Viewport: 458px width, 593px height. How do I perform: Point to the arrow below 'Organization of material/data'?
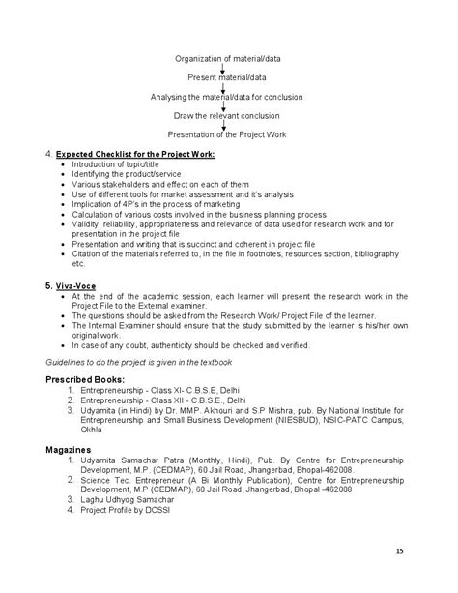tap(223, 69)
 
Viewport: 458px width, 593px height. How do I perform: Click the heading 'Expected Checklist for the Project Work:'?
tap(135, 155)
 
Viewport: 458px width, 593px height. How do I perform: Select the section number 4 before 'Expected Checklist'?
tap(49, 155)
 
